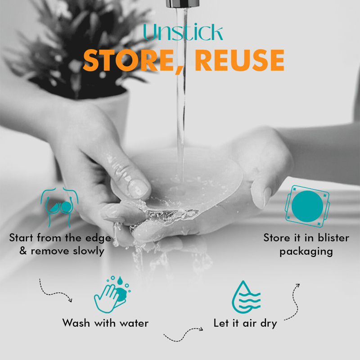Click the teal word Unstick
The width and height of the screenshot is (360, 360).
pyautogui.click(x=183, y=32)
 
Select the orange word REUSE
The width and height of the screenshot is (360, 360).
pyautogui.click(x=239, y=60)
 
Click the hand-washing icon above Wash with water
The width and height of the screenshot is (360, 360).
pyautogui.click(x=112, y=294)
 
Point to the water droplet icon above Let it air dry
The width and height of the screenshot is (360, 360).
pyautogui.click(x=246, y=297)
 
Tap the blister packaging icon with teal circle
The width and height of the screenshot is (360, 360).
pyautogui.click(x=307, y=206)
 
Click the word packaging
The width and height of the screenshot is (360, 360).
pyautogui.click(x=306, y=252)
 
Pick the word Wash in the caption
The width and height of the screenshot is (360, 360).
pyautogui.click(x=76, y=323)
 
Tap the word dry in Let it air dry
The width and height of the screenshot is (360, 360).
pyautogui.click(x=269, y=324)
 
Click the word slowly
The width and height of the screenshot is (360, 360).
pyautogui.click(x=89, y=251)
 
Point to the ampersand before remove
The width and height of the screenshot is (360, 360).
pyautogui.click(x=23, y=251)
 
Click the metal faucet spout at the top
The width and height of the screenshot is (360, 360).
pyautogui.click(x=183, y=4)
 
